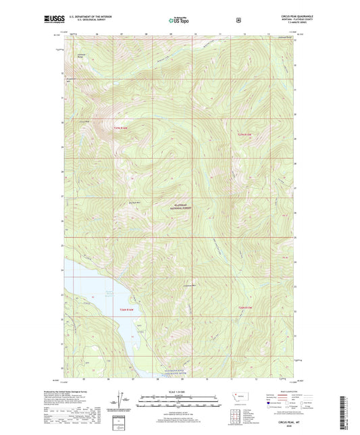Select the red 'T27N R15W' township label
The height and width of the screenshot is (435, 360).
(x=248, y=135)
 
